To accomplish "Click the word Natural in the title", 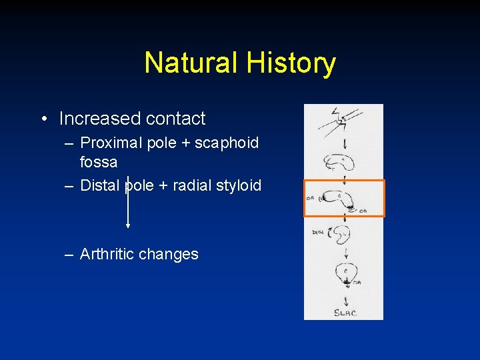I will (x=191, y=63).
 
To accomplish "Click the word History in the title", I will (x=291, y=63).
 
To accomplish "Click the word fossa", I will (x=99, y=162).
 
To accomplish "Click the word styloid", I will (x=239, y=185).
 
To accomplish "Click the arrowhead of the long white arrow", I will (x=128, y=225).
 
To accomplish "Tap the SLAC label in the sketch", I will (x=344, y=312).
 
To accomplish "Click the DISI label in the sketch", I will (x=317, y=232).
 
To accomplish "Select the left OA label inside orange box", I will (x=311, y=197).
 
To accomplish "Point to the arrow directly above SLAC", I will (x=345, y=299).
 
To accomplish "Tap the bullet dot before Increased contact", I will (x=43, y=119).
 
